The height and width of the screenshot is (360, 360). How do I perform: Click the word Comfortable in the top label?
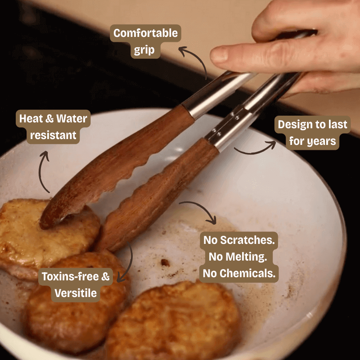145,33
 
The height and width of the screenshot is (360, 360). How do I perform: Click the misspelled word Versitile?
76,293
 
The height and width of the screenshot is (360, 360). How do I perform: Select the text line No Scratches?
239,240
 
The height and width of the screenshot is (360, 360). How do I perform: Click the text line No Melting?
238,256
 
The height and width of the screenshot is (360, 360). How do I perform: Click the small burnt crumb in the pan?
165,262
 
